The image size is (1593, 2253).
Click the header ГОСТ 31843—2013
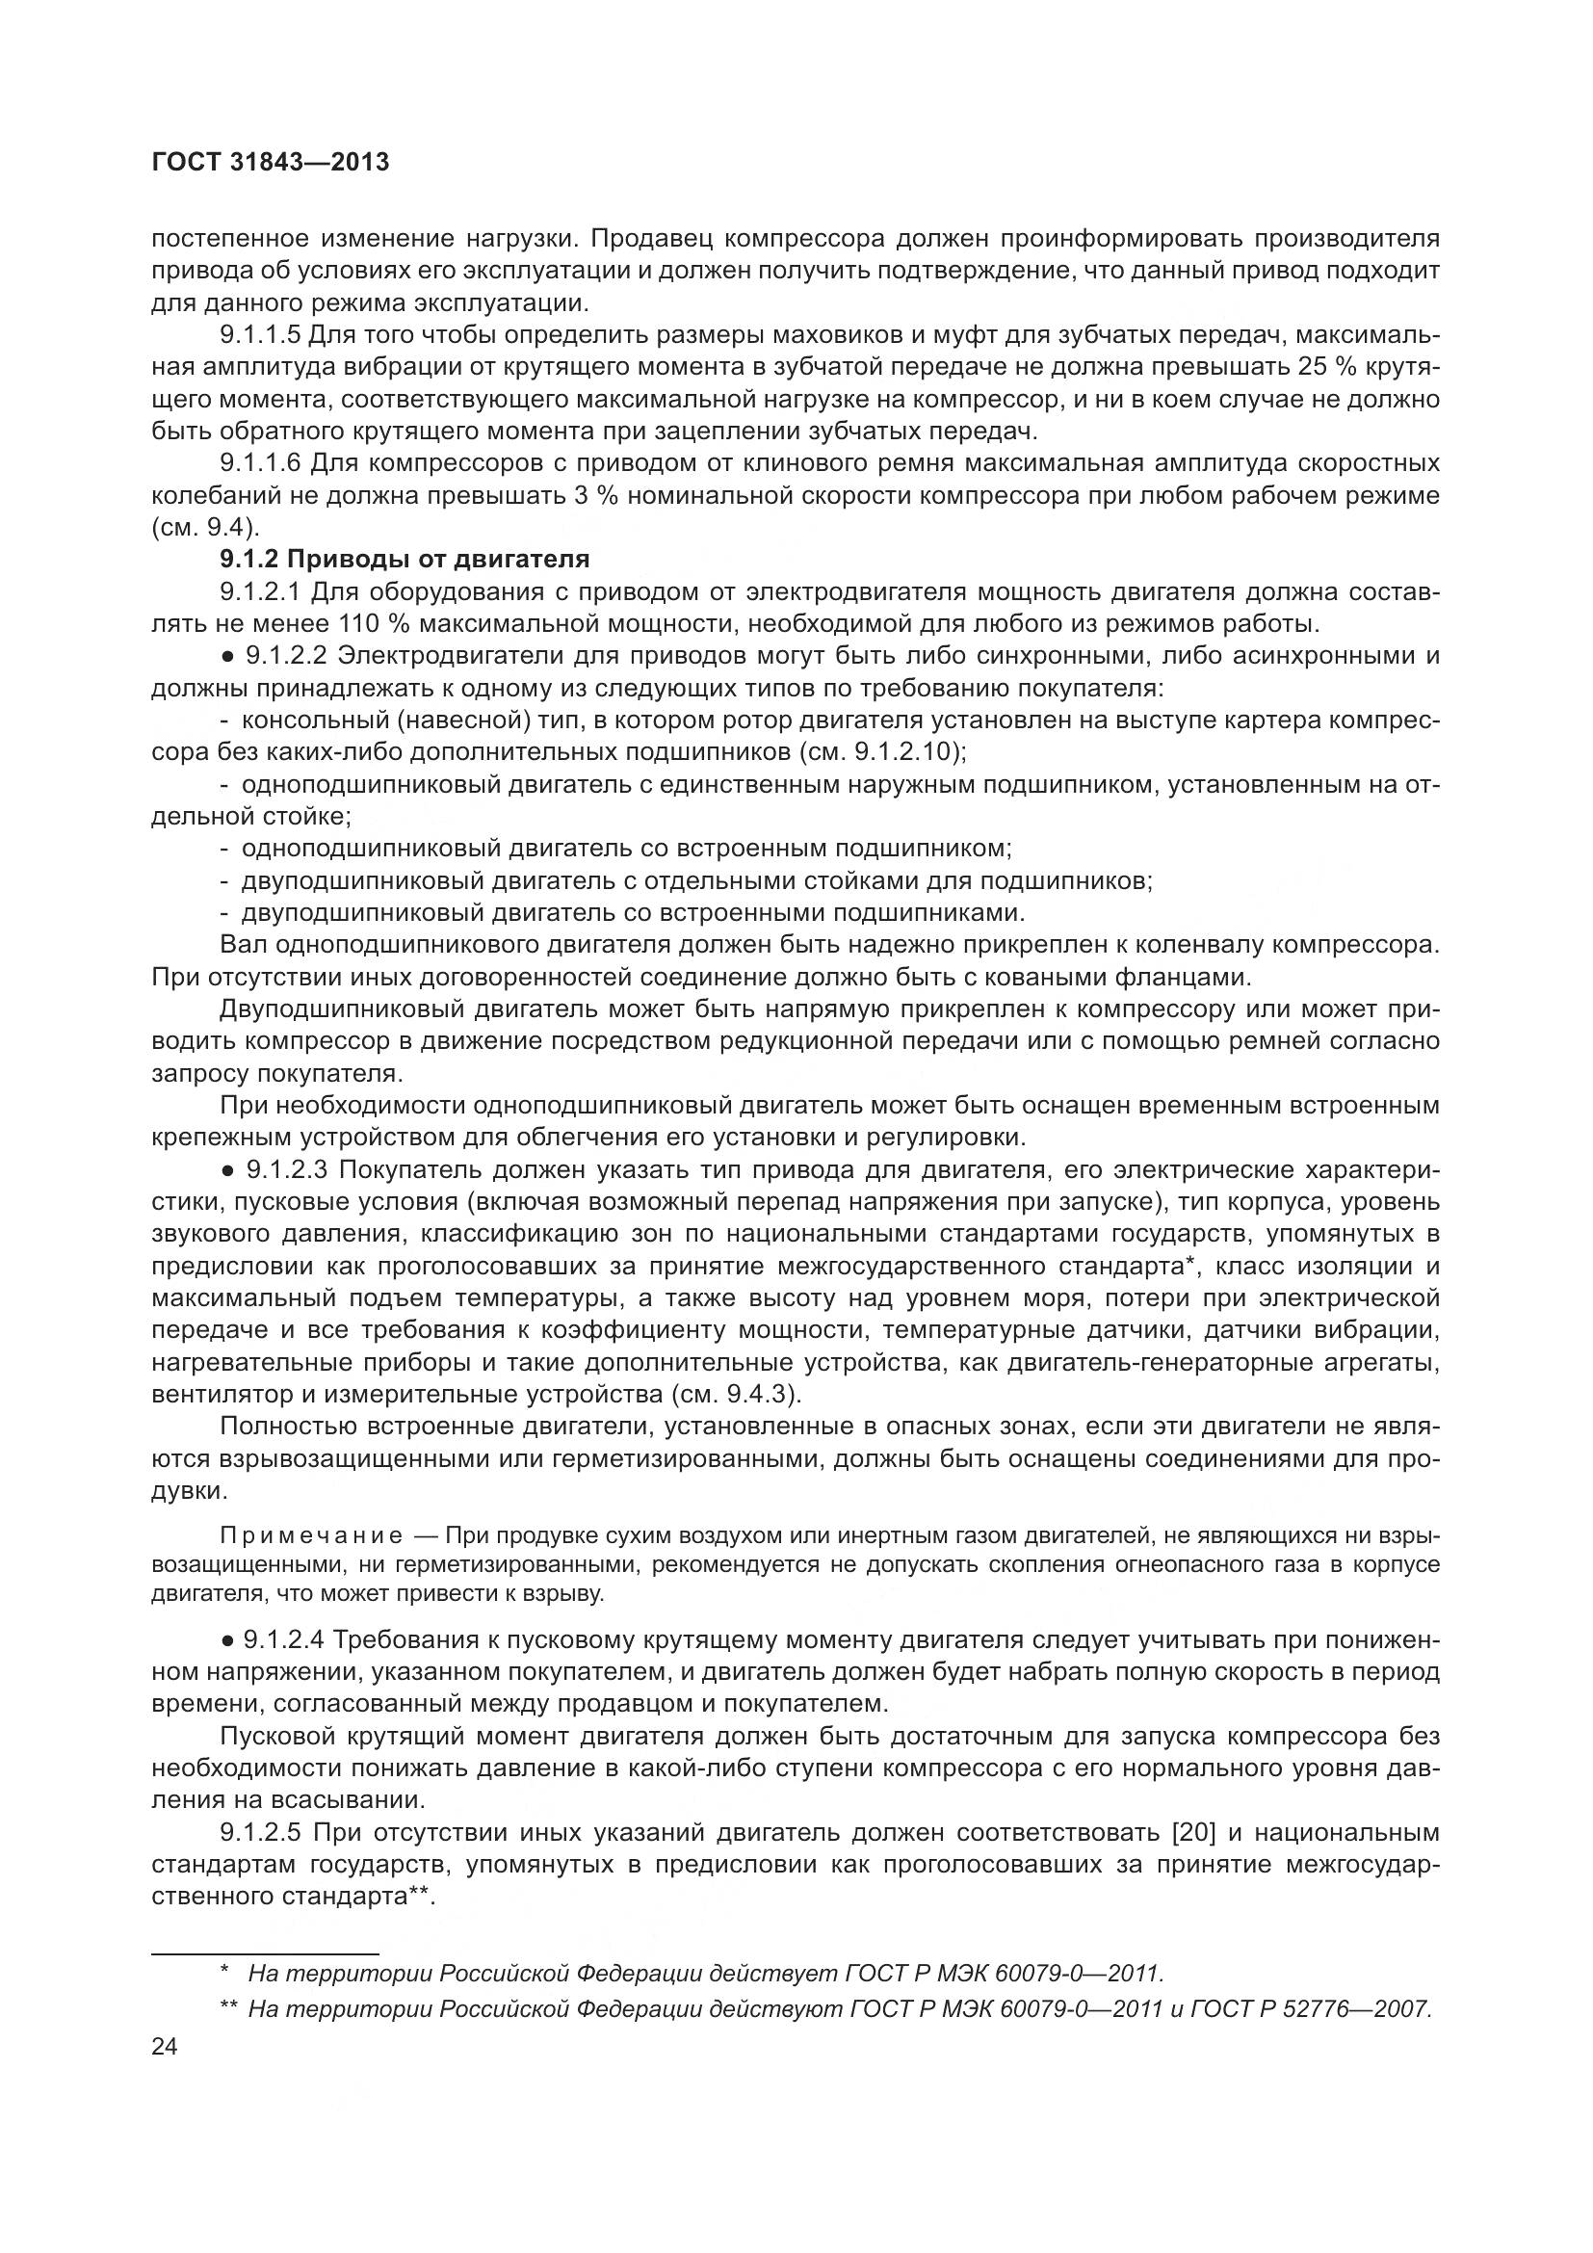coord(271,163)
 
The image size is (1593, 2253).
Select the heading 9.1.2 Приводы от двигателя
coord(405,560)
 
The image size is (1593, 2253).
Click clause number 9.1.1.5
coord(260,335)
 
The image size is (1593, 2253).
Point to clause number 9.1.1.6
coord(260,463)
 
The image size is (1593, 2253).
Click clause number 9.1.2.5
coord(260,1832)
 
